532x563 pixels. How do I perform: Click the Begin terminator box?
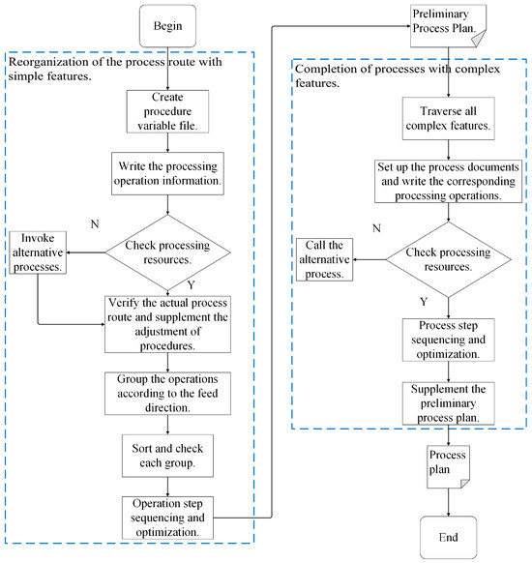[167, 26]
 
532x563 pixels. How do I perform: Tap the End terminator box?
[449, 537]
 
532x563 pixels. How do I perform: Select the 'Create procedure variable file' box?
[167, 111]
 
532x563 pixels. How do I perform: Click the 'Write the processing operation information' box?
[167, 173]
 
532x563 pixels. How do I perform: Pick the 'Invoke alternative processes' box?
[38, 252]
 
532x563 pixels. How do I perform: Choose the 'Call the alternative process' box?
[324, 259]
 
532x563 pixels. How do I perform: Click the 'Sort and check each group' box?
[167, 456]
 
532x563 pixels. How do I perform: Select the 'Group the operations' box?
[167, 394]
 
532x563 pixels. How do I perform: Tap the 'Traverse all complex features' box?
[449, 118]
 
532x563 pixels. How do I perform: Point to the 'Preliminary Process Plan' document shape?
[449, 26]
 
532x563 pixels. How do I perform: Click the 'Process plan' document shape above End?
[449, 467]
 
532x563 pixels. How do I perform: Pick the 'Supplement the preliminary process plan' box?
[449, 403]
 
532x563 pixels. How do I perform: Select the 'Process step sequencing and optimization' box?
[449, 340]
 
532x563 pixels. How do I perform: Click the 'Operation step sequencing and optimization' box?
[167, 518]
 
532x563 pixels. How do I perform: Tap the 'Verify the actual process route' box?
[167, 324]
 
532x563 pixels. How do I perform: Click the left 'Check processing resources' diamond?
[167, 252]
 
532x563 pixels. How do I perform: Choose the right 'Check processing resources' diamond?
[449, 259]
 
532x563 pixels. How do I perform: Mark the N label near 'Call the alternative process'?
[376, 228]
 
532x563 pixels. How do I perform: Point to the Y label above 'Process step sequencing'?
[424, 301]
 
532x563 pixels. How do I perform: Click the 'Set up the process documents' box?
[449, 181]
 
